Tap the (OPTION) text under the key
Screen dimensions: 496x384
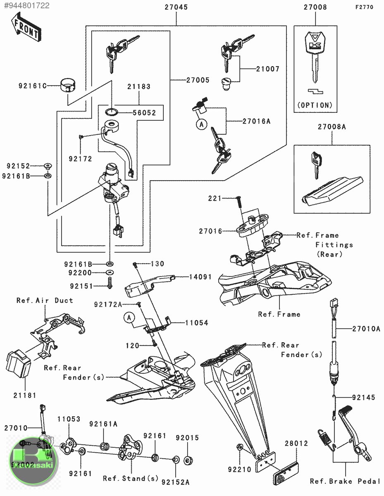[315, 105]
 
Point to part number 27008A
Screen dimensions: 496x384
[332, 127]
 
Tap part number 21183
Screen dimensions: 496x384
[139, 87]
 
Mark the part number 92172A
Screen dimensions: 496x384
[108, 305]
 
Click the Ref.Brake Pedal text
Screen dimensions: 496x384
[345, 481]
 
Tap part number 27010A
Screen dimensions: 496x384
[366, 329]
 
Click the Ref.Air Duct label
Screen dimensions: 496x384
[45, 300]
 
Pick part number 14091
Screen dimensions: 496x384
[201, 277]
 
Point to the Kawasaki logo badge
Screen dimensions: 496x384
[33, 461]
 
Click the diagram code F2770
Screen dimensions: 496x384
[365, 7]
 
